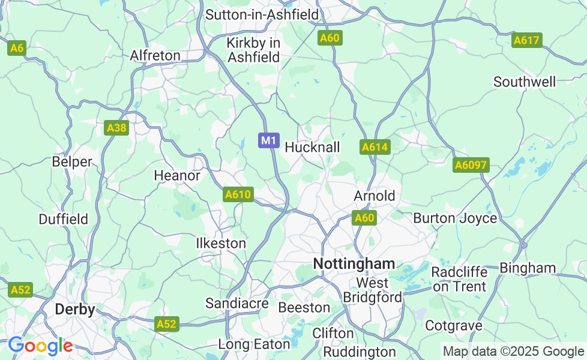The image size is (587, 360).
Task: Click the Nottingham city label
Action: coord(354,263)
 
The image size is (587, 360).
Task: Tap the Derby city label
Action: coord(75,310)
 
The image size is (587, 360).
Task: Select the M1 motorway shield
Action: coord(269,140)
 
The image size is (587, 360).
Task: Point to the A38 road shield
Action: coord(116,128)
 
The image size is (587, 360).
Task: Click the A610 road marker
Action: coord(238,194)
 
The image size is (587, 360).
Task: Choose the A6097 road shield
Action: coord(471,166)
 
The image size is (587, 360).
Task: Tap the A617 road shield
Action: coord(527,41)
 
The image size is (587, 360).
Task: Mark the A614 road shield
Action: coord(375,147)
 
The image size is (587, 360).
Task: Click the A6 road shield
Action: coord(16,48)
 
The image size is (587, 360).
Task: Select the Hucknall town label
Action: coord(312,147)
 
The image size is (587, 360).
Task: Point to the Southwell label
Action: coord(524,82)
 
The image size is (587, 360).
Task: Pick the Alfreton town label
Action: coord(155,56)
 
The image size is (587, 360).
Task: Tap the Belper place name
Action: coord(72,162)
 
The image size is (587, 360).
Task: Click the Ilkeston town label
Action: coord(221,244)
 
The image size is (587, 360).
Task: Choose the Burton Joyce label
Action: coord(455,218)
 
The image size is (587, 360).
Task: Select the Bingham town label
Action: coord(528,268)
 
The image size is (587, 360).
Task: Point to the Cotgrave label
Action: coord(453,326)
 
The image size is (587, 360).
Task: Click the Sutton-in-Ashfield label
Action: coord(262,14)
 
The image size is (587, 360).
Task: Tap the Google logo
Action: coord(40,346)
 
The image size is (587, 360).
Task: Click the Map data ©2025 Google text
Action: coord(513,351)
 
